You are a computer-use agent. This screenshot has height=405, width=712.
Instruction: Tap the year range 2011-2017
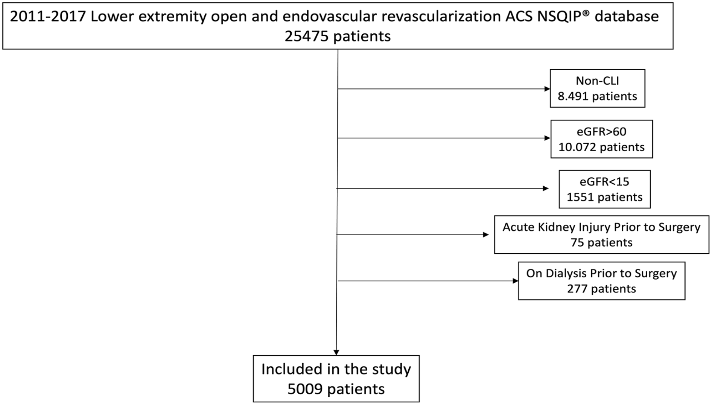(x=48, y=17)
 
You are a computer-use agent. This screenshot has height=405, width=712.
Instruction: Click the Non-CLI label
(x=597, y=81)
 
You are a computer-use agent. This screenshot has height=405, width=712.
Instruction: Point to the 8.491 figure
(x=573, y=96)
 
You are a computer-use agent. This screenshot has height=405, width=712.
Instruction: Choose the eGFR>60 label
(x=601, y=131)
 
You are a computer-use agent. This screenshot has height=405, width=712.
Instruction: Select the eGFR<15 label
(x=604, y=182)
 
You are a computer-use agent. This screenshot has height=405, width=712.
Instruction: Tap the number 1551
(x=580, y=197)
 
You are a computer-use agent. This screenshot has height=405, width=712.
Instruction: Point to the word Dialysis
(x=568, y=274)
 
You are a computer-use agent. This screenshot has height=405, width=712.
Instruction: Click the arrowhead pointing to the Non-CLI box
(x=547, y=89)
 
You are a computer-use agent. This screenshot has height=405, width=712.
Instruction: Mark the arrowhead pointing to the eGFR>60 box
(x=548, y=138)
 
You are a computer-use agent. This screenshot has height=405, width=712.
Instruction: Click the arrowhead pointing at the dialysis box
(x=516, y=281)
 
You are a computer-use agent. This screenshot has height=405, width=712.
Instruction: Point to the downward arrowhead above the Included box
(x=336, y=353)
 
